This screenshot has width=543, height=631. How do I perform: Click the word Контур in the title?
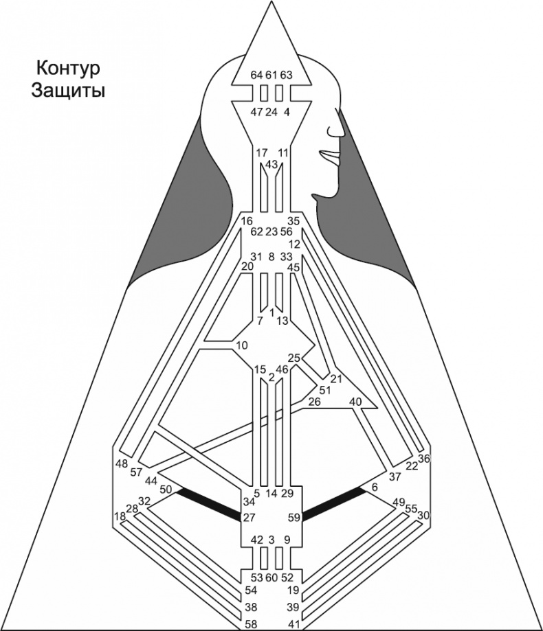coord(67,69)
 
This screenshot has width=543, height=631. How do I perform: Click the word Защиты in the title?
coord(67,91)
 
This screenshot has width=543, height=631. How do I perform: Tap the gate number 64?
coord(256,75)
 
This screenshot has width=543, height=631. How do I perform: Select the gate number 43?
coord(271,165)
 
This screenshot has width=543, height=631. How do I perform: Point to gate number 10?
coord(241,344)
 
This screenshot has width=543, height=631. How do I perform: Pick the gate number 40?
coord(355,402)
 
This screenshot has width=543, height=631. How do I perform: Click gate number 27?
coord(250,518)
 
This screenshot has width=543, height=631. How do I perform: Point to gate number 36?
coord(423,459)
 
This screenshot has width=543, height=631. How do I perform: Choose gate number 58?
coord(251,623)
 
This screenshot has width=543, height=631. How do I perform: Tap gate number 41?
coord(293,623)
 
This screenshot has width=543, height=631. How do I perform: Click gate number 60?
coord(271,577)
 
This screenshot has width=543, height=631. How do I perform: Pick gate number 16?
coord(247,220)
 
